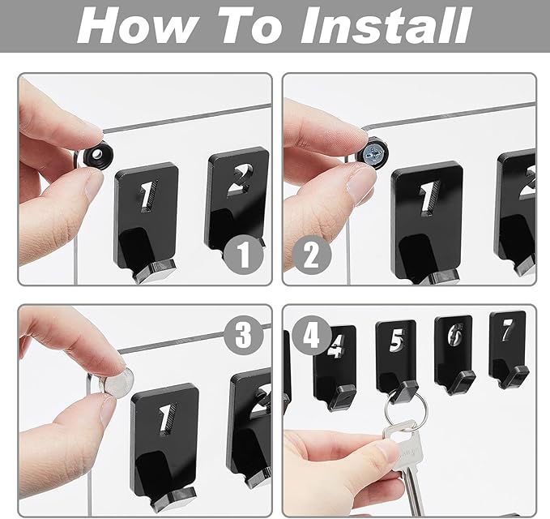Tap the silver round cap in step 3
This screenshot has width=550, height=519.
click(116, 383)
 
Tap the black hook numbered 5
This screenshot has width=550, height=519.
click(396, 357)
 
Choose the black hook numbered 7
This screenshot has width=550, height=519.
click(508, 349)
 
